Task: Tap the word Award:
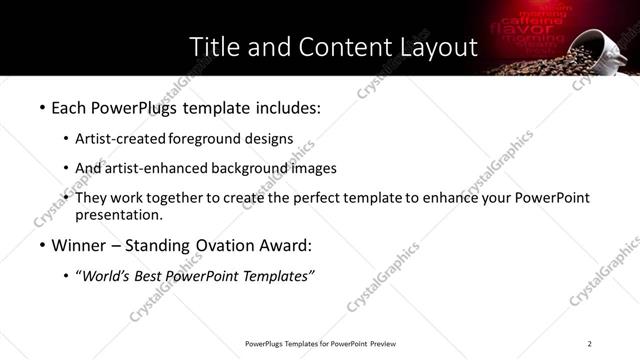(x=285, y=245)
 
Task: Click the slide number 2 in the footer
(x=590, y=344)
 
